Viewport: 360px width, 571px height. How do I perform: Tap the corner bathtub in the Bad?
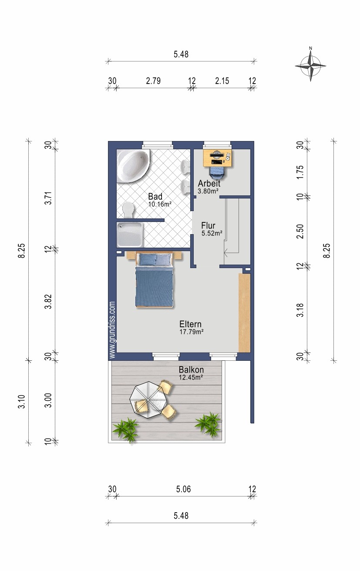pyautogui.click(x=133, y=166)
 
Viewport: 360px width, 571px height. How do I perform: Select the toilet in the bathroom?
pyautogui.click(x=128, y=210)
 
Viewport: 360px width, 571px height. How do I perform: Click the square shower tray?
pyautogui.click(x=130, y=235)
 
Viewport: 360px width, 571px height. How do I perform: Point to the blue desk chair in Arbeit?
pyautogui.click(x=217, y=172)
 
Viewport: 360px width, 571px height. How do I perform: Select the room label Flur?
pyautogui.click(x=208, y=225)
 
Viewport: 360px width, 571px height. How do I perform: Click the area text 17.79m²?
pyautogui.click(x=191, y=332)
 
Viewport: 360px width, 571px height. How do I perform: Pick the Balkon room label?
pyautogui.click(x=191, y=369)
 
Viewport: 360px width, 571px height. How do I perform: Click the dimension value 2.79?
pyautogui.click(x=153, y=81)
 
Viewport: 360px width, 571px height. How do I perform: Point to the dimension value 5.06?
pyautogui.click(x=183, y=489)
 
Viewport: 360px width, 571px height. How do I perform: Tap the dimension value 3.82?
pyautogui.click(x=48, y=302)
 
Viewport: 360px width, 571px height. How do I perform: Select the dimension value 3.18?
pyautogui.click(x=300, y=310)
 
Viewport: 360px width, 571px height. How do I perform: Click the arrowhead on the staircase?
pyautogui.click(x=226, y=253)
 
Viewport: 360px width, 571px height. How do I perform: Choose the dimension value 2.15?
pyautogui.click(x=222, y=81)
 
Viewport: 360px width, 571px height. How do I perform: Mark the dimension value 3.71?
pyautogui.click(x=48, y=198)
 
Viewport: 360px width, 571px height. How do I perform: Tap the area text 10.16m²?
pyautogui.click(x=160, y=204)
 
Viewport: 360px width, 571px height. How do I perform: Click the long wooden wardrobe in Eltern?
pyautogui.click(x=244, y=313)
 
